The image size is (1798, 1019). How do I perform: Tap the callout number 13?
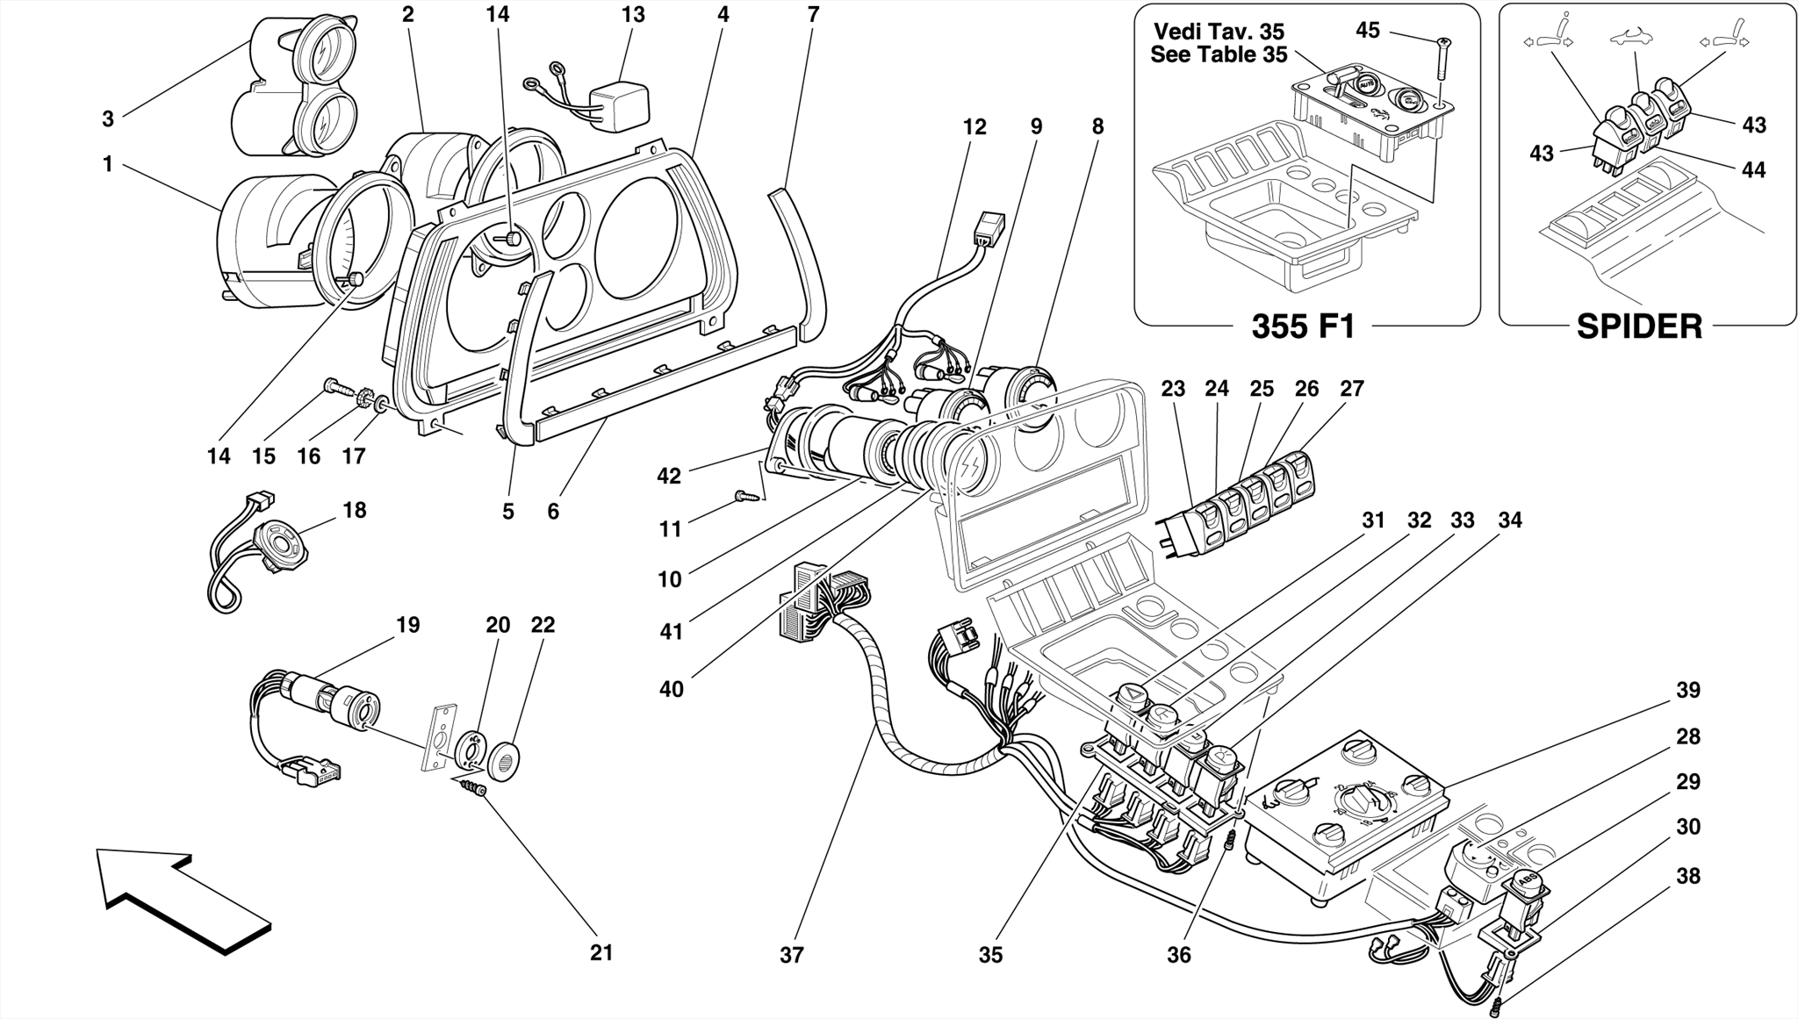click(x=632, y=15)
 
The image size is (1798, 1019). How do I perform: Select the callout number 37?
click(x=791, y=955)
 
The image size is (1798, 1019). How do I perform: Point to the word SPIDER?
click(x=1639, y=327)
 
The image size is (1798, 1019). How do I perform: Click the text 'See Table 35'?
click(x=1219, y=54)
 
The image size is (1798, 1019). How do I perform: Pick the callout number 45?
click(x=1368, y=30)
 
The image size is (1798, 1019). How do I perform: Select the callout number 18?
click(x=354, y=510)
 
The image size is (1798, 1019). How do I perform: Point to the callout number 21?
click(x=601, y=952)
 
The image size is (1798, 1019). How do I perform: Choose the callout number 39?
click(x=1687, y=691)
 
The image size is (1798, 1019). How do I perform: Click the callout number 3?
click(x=108, y=119)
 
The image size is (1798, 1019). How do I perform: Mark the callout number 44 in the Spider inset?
click(x=1752, y=169)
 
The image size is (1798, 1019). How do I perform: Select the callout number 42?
click(x=668, y=476)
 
